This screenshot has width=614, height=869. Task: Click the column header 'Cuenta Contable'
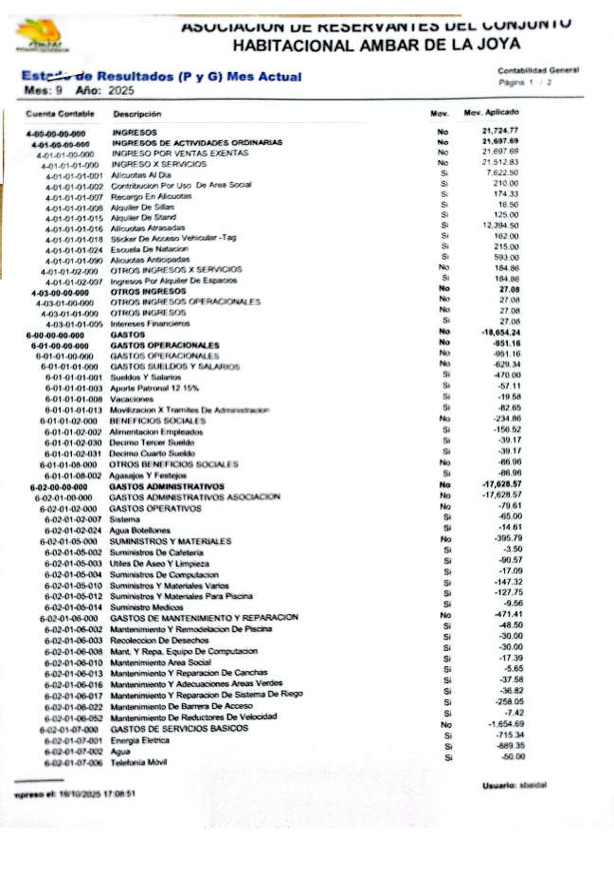coord(55,114)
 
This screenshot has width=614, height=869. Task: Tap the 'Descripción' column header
coord(137,114)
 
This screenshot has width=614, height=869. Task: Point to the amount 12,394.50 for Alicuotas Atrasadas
coord(498,226)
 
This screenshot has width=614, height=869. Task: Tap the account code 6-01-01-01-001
coord(73,376)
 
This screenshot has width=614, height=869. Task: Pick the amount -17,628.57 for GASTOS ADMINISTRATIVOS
coord(499,484)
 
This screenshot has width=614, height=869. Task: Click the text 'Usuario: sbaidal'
coord(516,786)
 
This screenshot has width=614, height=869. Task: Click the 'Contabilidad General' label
coord(537,70)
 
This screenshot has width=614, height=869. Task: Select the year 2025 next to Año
coord(121,90)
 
